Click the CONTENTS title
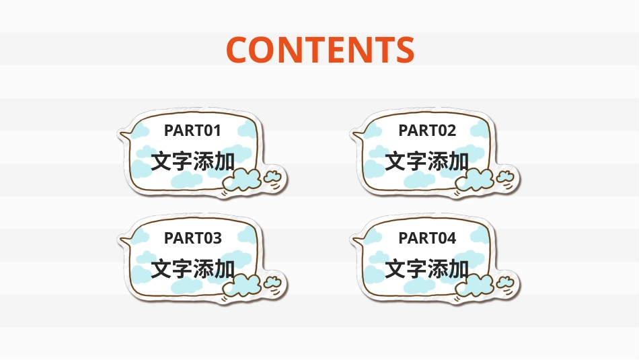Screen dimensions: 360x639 point(319,49)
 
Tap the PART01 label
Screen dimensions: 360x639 point(192,130)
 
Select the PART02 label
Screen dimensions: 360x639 point(427,130)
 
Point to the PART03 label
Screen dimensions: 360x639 point(192,238)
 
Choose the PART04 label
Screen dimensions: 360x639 point(427,238)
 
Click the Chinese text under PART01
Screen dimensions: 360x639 point(193,161)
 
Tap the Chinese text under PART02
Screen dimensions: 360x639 point(427,161)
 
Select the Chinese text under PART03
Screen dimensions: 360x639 point(193,269)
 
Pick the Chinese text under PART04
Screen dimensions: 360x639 point(427,269)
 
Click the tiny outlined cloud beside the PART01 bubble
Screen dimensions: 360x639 point(272,176)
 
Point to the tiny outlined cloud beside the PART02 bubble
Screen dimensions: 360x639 point(506,176)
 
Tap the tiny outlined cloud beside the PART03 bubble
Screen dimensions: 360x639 point(272,283)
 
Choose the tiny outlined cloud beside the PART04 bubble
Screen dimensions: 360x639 point(506,283)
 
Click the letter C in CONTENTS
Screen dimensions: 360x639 point(239,49)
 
